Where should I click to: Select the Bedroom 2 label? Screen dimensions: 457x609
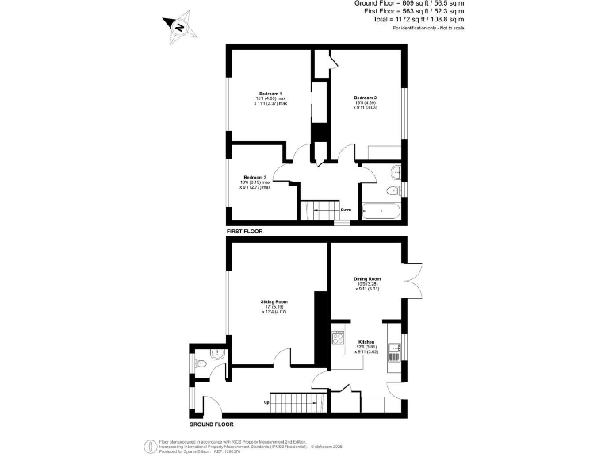coord(365,98)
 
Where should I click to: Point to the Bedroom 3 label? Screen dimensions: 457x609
coord(255,176)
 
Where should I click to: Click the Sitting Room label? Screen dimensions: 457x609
coord(274,302)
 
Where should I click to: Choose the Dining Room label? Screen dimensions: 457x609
coord(368,279)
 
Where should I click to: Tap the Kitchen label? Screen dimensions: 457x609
coord(366,342)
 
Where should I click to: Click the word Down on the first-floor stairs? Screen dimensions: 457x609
coord(346,210)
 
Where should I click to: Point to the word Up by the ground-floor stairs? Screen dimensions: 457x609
coord(266,402)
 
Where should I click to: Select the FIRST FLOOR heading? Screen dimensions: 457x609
coord(244,231)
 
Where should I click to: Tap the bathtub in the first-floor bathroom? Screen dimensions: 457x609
coord(381,211)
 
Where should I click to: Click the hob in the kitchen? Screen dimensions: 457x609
coord(338,340)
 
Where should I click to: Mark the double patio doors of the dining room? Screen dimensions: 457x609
coord(413,283)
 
